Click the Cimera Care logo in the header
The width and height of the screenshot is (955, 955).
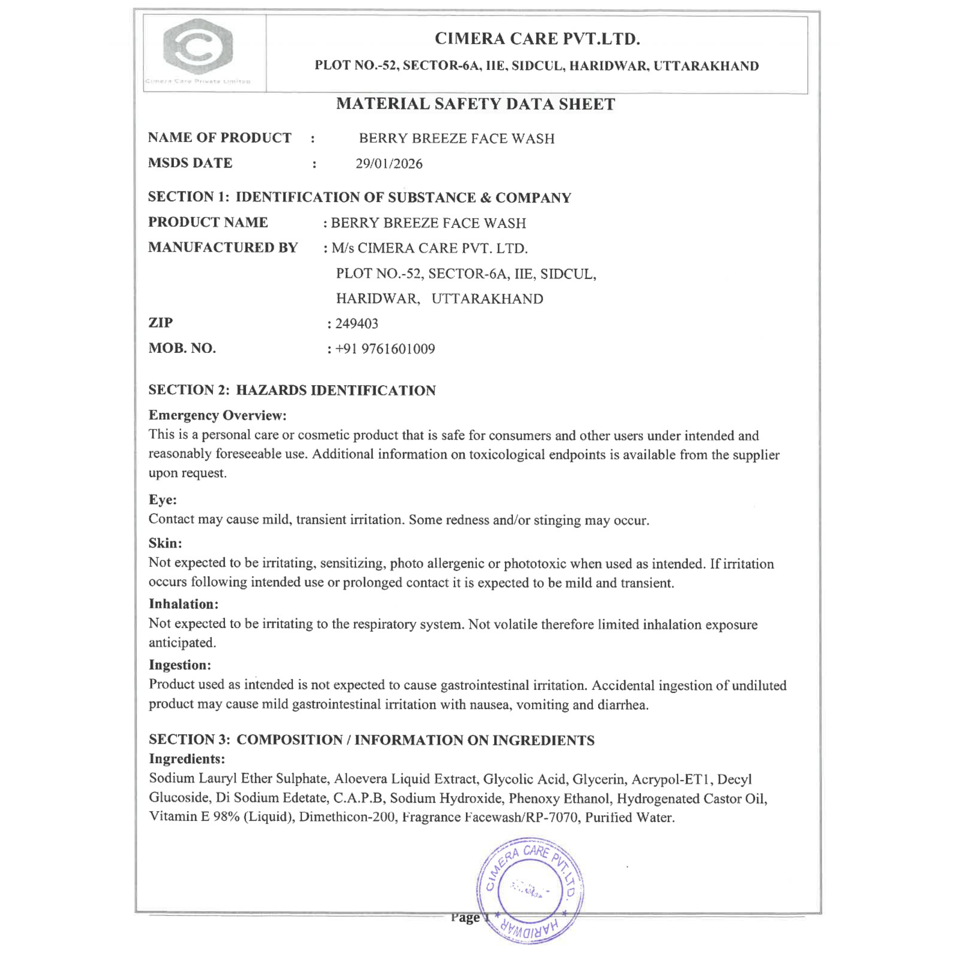198,48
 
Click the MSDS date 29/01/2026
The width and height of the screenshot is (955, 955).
389,163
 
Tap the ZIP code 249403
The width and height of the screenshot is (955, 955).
356,324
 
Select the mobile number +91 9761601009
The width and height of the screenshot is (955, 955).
385,349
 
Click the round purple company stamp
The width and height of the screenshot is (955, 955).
530,890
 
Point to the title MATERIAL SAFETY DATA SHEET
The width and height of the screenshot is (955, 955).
476,104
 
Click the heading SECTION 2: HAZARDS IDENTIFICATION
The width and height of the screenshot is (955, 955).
292,390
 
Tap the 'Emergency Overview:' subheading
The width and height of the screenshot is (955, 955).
217,415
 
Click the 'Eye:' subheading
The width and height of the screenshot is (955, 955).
162,500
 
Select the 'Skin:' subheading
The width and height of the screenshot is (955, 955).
165,543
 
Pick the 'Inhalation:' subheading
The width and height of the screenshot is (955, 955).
184,604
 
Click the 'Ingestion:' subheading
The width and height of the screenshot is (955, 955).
180,665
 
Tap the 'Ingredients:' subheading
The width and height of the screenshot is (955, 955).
187,759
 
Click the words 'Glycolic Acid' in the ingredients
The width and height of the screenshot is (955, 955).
524,779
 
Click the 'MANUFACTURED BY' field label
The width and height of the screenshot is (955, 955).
223,247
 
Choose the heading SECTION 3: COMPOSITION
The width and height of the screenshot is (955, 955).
371,740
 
